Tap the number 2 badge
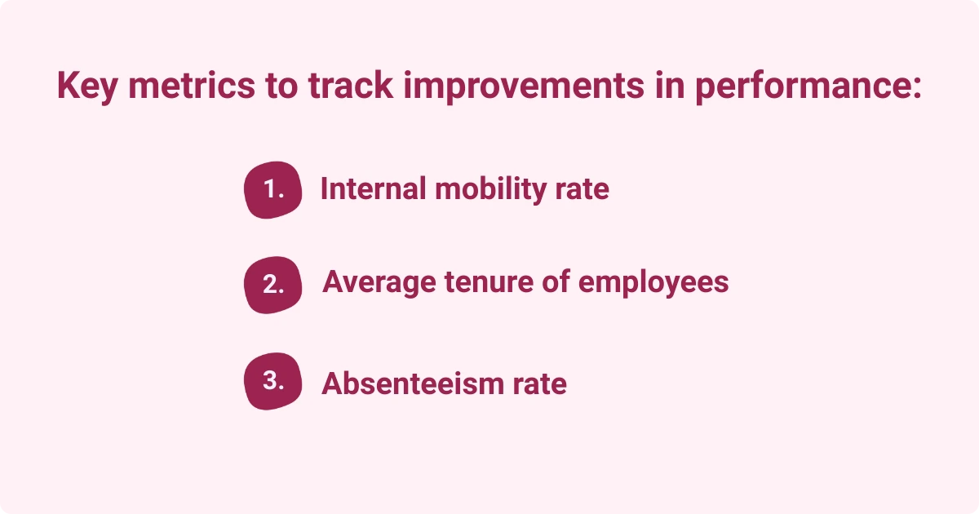[x=272, y=285]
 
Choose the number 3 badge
[x=272, y=380]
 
